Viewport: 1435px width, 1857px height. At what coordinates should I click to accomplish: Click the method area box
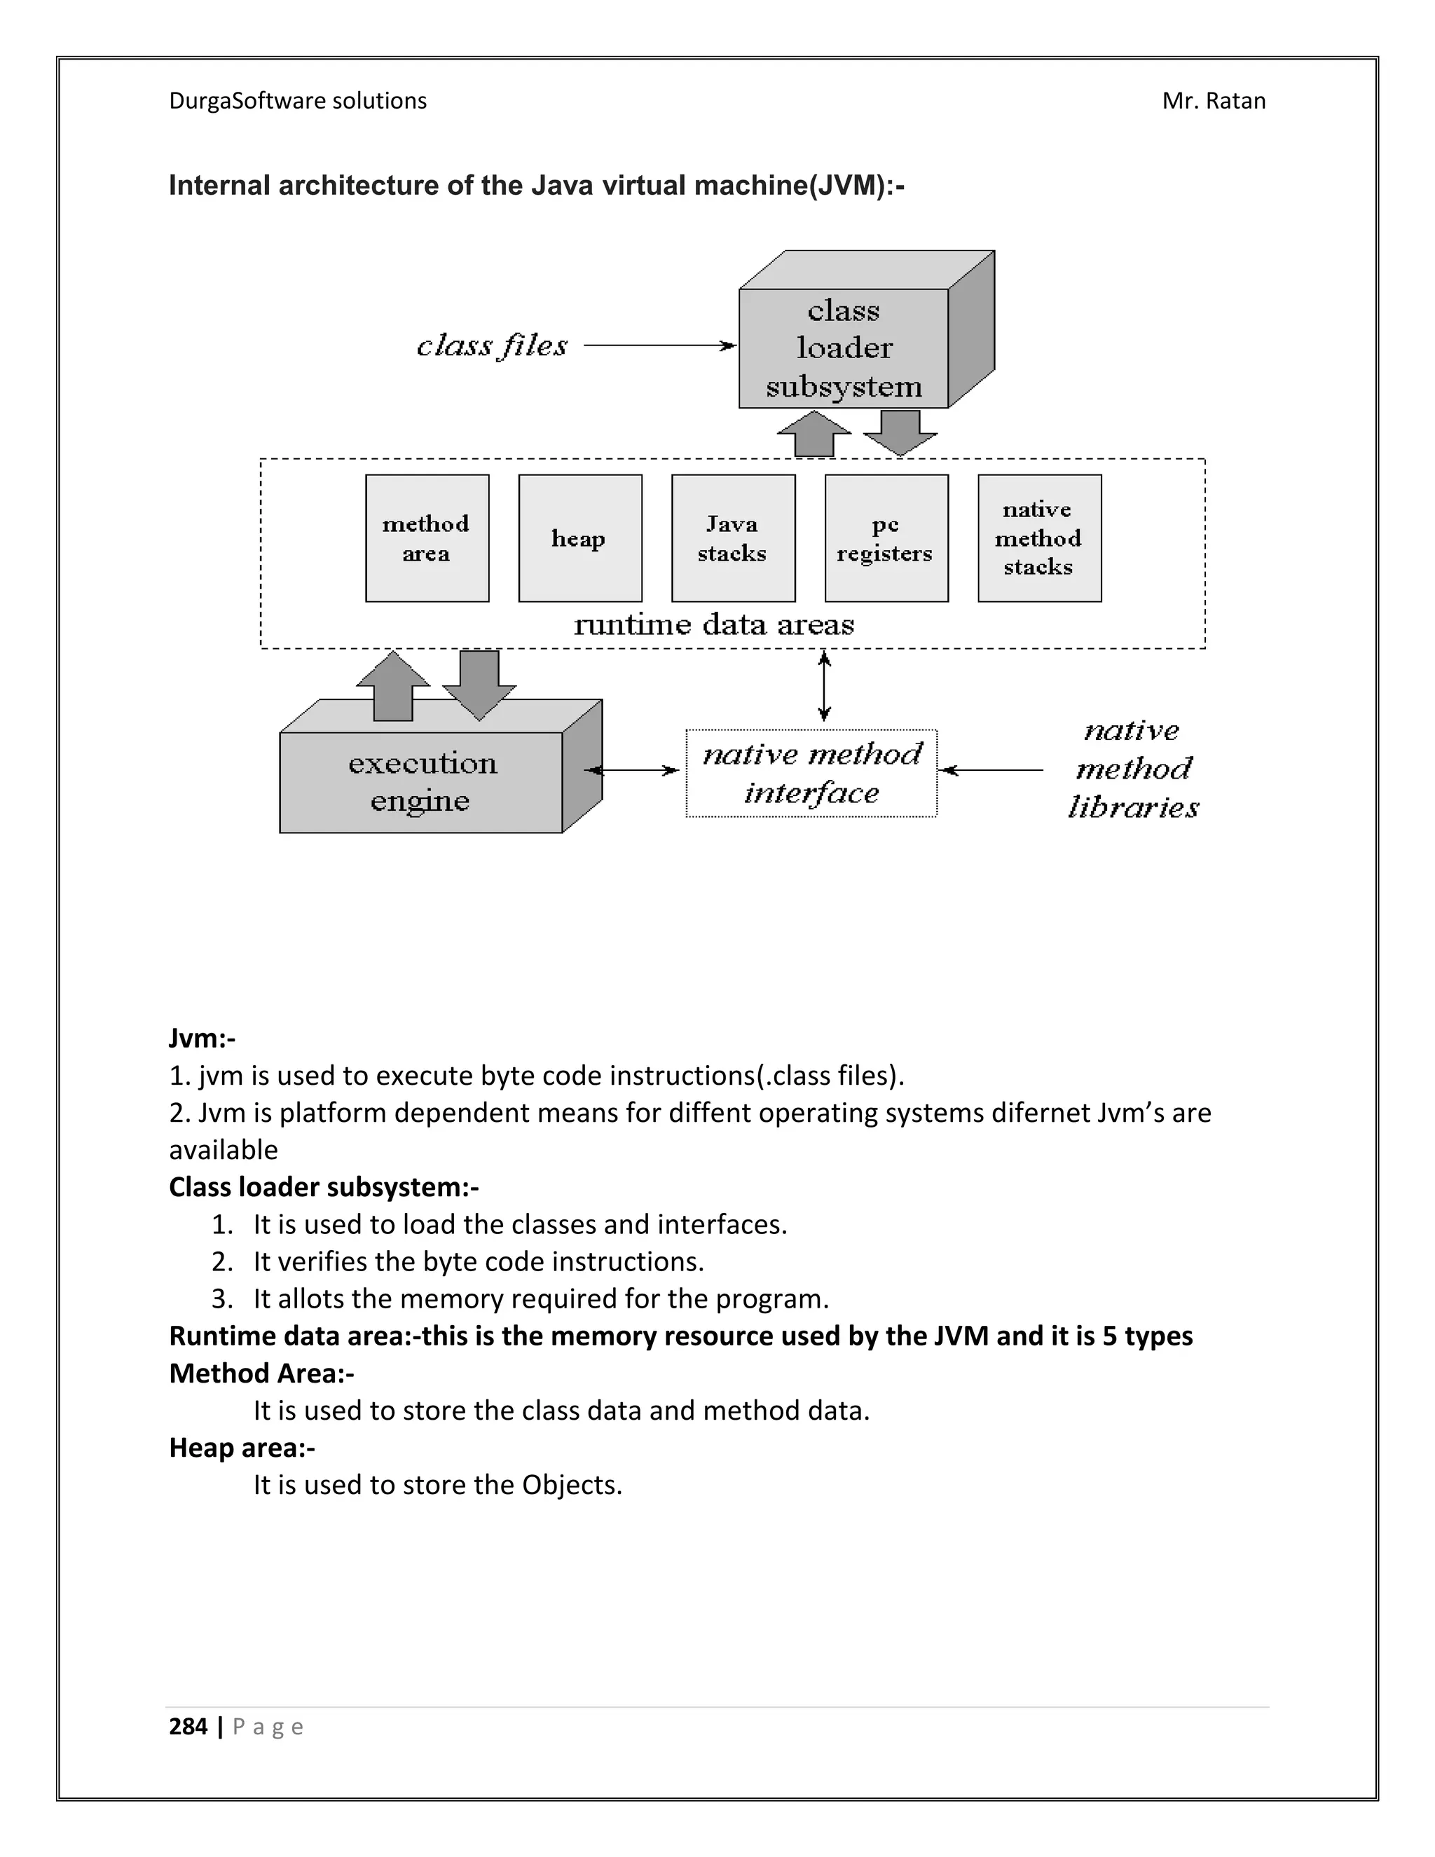[x=427, y=538]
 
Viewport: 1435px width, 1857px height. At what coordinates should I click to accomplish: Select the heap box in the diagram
[x=579, y=538]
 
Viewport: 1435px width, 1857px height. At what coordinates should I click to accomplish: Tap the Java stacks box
[x=733, y=538]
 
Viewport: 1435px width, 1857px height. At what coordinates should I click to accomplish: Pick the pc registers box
[x=886, y=538]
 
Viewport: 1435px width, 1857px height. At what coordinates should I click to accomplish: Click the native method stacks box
[x=1039, y=538]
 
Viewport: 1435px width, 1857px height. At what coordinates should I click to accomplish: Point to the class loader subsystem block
[x=844, y=348]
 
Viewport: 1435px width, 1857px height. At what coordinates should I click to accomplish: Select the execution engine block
[x=422, y=781]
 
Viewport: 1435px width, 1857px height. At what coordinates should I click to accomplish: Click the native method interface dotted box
[x=811, y=773]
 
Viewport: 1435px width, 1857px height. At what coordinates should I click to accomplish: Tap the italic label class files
[x=491, y=345]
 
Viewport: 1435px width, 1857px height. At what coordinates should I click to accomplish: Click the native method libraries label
[x=1133, y=769]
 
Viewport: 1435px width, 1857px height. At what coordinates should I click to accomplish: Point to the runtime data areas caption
[x=714, y=625]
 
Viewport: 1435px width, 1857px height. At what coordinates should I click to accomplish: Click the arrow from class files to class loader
[x=659, y=345]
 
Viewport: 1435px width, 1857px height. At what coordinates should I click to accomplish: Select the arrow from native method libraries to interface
[x=991, y=770]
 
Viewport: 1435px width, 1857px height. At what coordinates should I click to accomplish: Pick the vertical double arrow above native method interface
[x=823, y=686]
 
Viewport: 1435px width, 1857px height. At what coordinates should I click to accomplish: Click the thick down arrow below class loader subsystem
[x=900, y=432]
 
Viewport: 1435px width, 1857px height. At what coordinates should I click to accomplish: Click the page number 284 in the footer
[x=188, y=1726]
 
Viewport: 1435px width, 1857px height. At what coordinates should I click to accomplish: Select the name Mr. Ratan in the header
[x=1213, y=101]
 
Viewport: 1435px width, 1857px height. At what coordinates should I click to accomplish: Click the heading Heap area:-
[x=242, y=1447]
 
